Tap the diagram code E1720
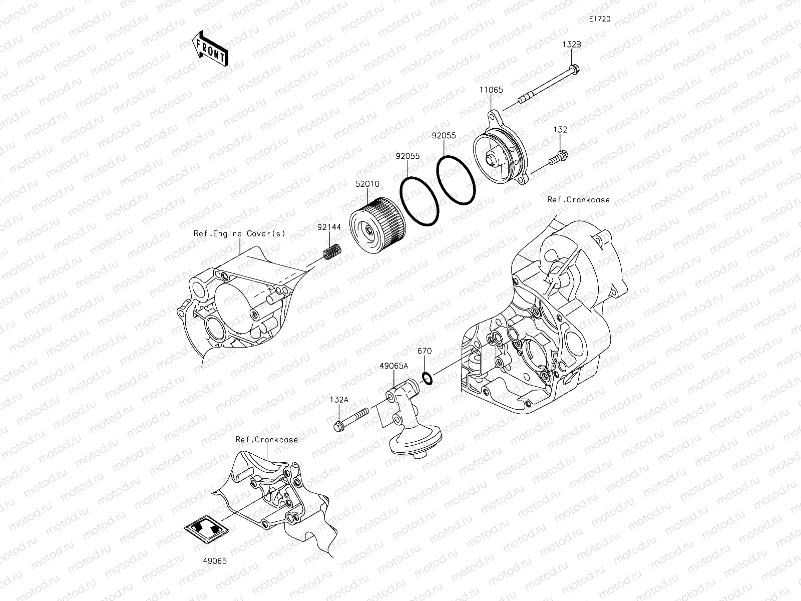[599, 19]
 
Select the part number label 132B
[571, 44]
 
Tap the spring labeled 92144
[332, 251]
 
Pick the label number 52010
[367, 184]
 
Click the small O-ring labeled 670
[427, 379]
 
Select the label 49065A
[394, 366]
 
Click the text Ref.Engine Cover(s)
[239, 233]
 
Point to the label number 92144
[329, 227]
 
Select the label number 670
[424, 351]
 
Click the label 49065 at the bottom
[215, 561]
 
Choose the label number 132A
[339, 400]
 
